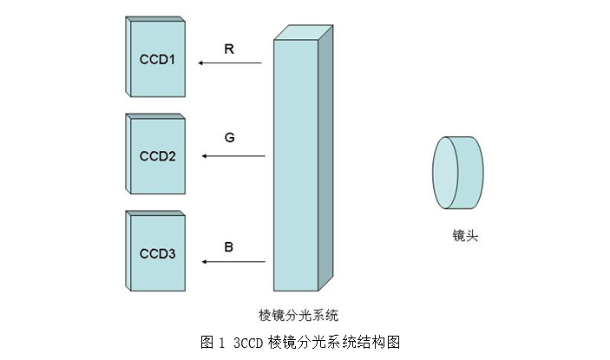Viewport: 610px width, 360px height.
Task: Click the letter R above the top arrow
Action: click(x=229, y=49)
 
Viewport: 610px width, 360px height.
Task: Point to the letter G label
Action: click(x=229, y=137)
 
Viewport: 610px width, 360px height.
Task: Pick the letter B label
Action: click(x=229, y=247)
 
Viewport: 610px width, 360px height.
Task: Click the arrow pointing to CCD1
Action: click(x=229, y=63)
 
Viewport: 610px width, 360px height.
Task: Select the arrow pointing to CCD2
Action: click(x=233, y=156)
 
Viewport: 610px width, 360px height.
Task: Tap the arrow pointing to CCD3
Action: click(x=232, y=260)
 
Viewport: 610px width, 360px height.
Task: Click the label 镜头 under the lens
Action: click(x=464, y=235)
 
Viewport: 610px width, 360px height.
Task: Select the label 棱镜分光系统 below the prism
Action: click(x=298, y=312)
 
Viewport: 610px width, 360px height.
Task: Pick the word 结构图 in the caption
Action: click(x=381, y=341)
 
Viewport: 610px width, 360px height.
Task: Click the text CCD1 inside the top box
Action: click(x=157, y=60)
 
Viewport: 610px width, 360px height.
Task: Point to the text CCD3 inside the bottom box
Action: click(x=157, y=254)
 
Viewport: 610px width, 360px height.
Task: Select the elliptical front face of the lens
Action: click(x=446, y=173)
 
